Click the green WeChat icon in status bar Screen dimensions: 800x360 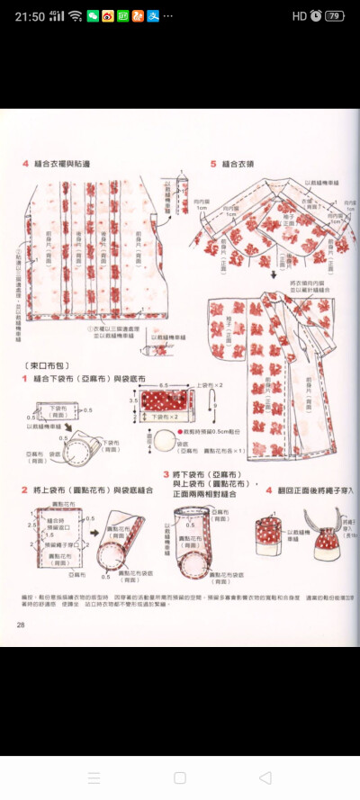(93, 15)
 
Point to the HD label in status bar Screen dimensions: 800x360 (300, 15)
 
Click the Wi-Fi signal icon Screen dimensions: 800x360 (75, 15)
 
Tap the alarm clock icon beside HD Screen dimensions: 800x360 (316, 15)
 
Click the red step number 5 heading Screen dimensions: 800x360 (213, 164)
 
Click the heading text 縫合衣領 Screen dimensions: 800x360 (235, 164)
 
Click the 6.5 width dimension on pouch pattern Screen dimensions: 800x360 (163, 384)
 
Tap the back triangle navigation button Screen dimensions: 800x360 (265, 778)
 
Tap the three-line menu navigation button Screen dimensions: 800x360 (94, 778)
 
